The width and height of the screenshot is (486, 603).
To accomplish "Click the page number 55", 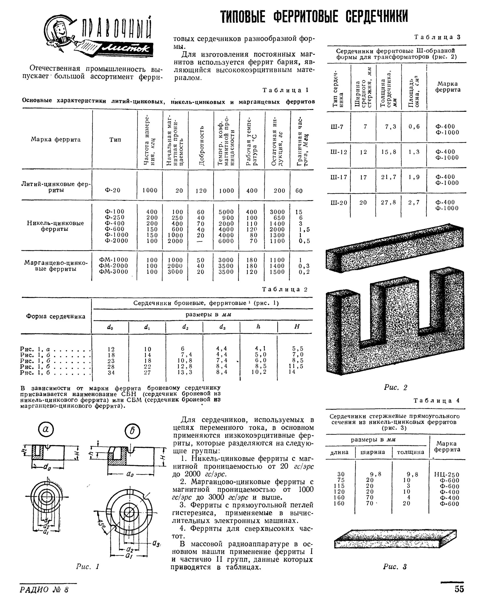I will pos(459,589).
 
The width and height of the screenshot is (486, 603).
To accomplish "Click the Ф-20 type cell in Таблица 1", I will pos(112,190).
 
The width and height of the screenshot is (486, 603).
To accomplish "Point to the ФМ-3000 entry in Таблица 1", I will pos(114,272).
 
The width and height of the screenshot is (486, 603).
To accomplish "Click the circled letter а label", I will pos(46,430).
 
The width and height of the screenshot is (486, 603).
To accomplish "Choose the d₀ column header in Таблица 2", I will pos(110,327).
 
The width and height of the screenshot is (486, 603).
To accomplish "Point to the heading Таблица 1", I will pos(285,90).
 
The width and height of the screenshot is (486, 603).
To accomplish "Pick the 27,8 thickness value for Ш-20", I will pos(388,202).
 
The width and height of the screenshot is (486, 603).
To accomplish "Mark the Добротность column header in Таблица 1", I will pos(201,146).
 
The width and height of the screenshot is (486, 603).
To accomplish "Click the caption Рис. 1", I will pos(87,567).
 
